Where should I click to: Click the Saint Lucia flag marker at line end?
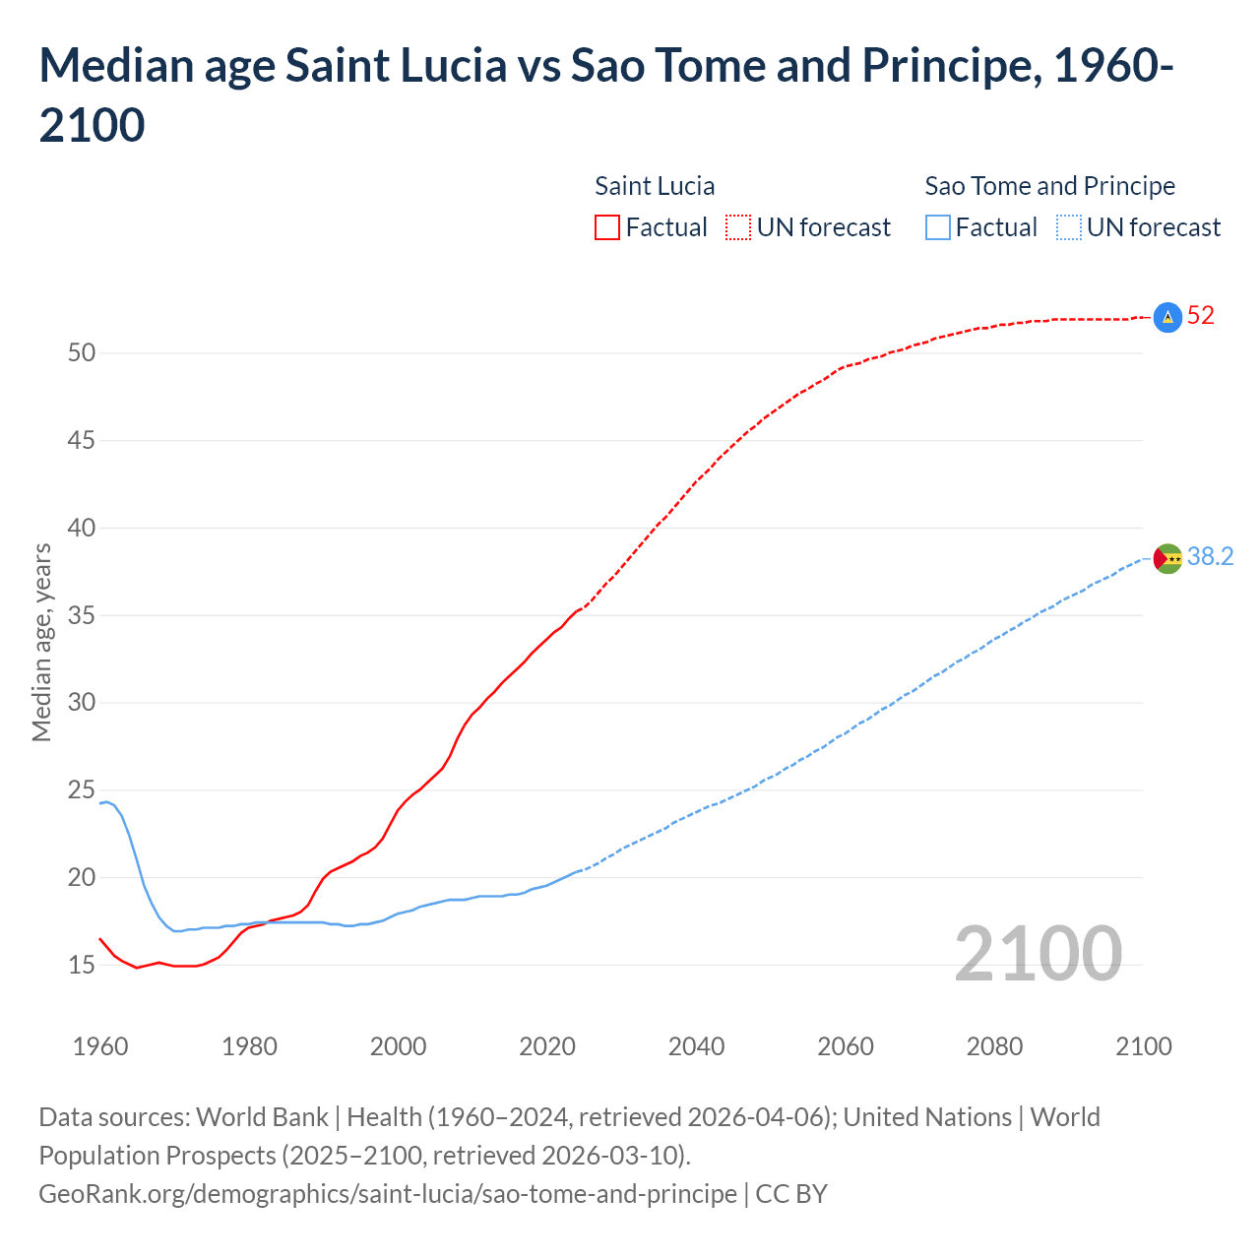pyautogui.click(x=1166, y=317)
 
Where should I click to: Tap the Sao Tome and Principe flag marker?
pyautogui.click(x=1166, y=558)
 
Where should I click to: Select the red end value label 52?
pyautogui.click(x=1201, y=316)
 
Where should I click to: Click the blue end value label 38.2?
pyautogui.click(x=1210, y=557)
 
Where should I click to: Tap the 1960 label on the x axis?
pyautogui.click(x=100, y=1046)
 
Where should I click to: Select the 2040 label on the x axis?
pyautogui.click(x=696, y=1046)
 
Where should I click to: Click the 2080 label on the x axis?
pyautogui.click(x=994, y=1046)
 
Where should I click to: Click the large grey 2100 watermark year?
pyautogui.click(x=1038, y=954)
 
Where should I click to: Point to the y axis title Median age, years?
pyautogui.click(x=41, y=642)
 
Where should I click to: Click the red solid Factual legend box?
pyautogui.click(x=607, y=227)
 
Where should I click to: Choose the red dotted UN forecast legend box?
pyautogui.click(x=738, y=227)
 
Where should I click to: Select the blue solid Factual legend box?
pyautogui.click(x=938, y=227)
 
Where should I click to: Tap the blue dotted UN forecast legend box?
pyautogui.click(x=1068, y=227)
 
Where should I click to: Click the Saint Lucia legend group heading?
pyautogui.click(x=655, y=186)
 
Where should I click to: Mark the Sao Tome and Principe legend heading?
pyautogui.click(x=1049, y=186)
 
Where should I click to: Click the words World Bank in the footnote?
pyautogui.click(x=262, y=1117)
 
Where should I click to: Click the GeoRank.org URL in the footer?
pyautogui.click(x=388, y=1194)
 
